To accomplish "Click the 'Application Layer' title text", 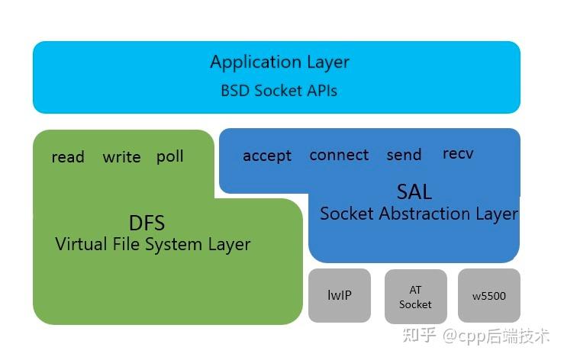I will (279, 63).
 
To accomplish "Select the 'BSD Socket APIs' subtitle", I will (279, 91).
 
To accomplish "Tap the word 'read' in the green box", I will (68, 157).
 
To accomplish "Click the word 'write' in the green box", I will (121, 157).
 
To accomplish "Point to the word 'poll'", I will (170, 156).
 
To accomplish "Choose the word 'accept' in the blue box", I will (267, 156).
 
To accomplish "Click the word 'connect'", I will (339, 155).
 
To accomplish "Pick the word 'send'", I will (404, 155).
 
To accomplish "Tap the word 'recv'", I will (458, 154).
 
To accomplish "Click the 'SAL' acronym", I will (414, 191).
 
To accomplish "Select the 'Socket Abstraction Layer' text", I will (418, 214).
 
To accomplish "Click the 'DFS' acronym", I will (147, 223).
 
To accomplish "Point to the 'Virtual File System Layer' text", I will (153, 245).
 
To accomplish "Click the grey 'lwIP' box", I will (340, 295).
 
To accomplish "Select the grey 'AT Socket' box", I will (415, 296).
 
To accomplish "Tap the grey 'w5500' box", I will (489, 296).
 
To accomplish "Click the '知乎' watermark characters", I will (421, 335).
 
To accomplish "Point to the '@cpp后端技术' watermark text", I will (496, 335).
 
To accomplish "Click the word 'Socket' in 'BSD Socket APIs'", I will (279, 91).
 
